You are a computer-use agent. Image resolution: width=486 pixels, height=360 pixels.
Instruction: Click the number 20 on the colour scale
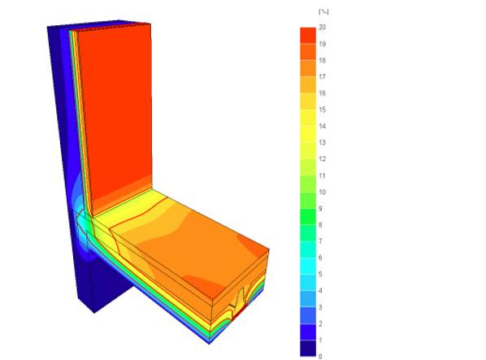coord(323,28)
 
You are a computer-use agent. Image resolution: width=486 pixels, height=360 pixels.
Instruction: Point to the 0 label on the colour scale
coord(321,356)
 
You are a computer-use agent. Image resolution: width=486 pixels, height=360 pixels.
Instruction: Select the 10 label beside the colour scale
coord(323,192)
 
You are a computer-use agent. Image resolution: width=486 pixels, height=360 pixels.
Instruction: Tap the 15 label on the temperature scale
coord(323,110)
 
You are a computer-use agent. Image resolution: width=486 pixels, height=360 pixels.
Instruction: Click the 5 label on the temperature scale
coord(321,274)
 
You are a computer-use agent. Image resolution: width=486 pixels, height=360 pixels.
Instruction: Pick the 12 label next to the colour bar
coord(323,158)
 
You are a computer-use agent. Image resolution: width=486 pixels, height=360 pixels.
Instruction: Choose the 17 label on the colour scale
coord(323,76)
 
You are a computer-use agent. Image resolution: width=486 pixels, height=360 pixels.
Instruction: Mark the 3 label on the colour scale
coord(321,306)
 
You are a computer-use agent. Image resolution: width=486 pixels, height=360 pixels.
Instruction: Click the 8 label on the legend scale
coord(321,224)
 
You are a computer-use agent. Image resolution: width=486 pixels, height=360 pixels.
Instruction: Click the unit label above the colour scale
coord(323,11)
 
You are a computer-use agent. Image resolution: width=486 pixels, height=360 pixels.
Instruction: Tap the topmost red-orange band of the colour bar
coord(307,36)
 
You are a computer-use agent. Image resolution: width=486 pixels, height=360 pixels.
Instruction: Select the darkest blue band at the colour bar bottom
coord(307,348)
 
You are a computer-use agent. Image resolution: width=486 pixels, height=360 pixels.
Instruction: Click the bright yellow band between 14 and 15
coord(307,118)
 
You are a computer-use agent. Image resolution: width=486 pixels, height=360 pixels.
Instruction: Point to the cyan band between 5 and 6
coord(307,266)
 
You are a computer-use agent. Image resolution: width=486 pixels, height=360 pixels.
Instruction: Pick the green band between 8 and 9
coord(307,216)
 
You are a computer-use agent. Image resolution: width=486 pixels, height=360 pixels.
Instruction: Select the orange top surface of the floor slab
coord(195,244)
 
